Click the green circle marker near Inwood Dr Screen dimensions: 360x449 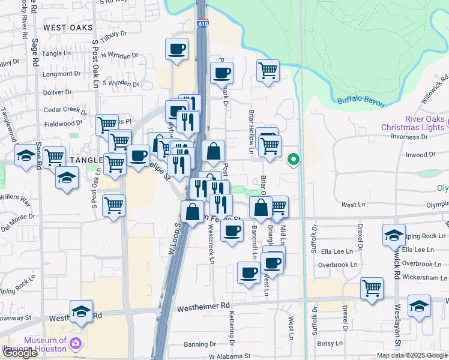coord(294,160)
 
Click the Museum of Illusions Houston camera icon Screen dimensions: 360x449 coord(76,343)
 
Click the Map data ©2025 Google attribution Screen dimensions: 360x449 coord(412,355)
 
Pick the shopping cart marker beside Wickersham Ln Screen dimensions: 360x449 coord(372,287)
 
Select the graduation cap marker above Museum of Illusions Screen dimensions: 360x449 coord(81,311)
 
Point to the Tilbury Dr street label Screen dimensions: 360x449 coord(115,36)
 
